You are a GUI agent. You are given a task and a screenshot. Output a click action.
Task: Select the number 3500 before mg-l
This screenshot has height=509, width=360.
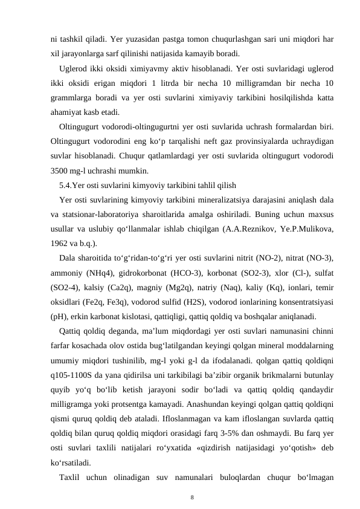point(61,169)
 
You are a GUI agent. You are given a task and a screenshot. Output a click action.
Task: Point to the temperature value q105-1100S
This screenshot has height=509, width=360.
point(74,374)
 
